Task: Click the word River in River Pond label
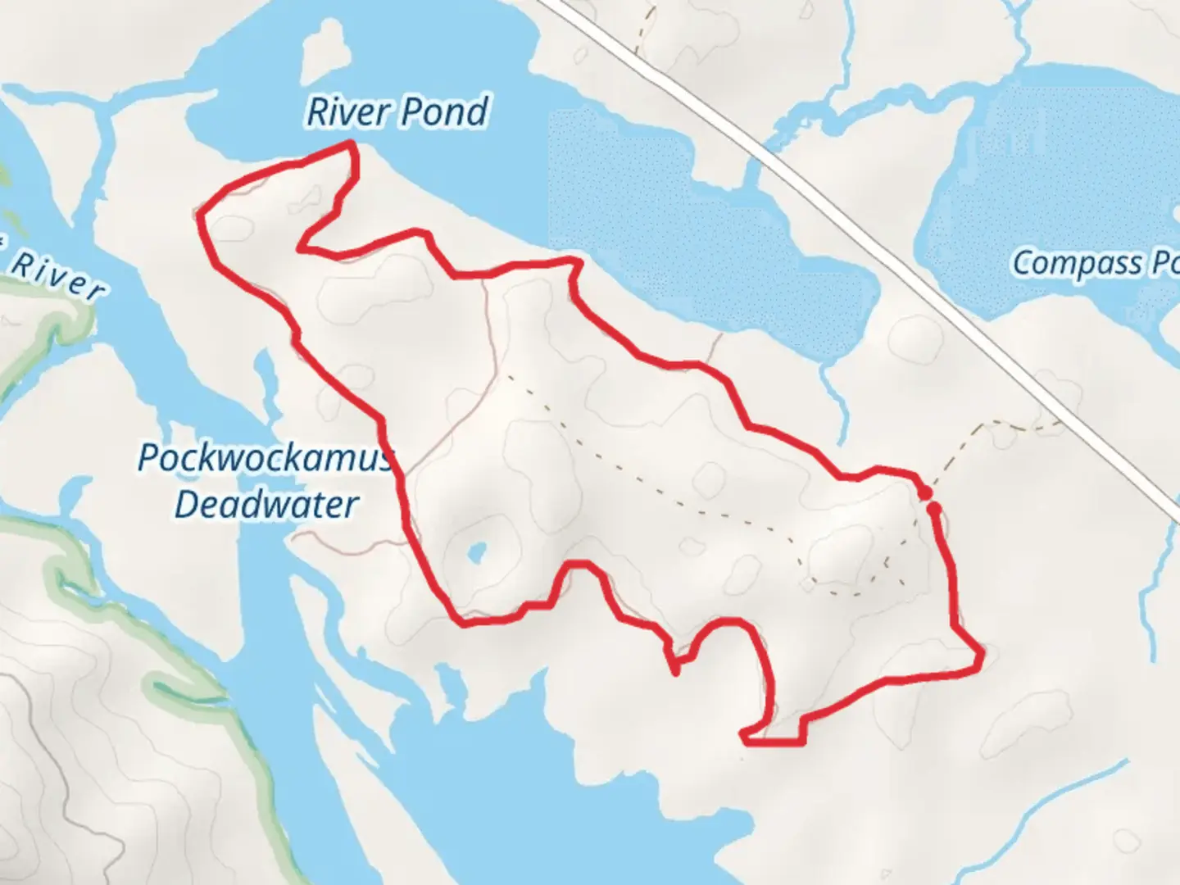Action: coord(345,112)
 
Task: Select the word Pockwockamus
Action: coord(264,458)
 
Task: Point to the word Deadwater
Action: coord(266,505)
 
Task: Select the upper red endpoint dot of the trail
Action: coord(924,492)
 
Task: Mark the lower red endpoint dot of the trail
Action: coord(933,508)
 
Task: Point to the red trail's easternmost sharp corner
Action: coord(981,653)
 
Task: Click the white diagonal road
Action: coord(860,221)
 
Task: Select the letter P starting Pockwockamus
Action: coord(147,458)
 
